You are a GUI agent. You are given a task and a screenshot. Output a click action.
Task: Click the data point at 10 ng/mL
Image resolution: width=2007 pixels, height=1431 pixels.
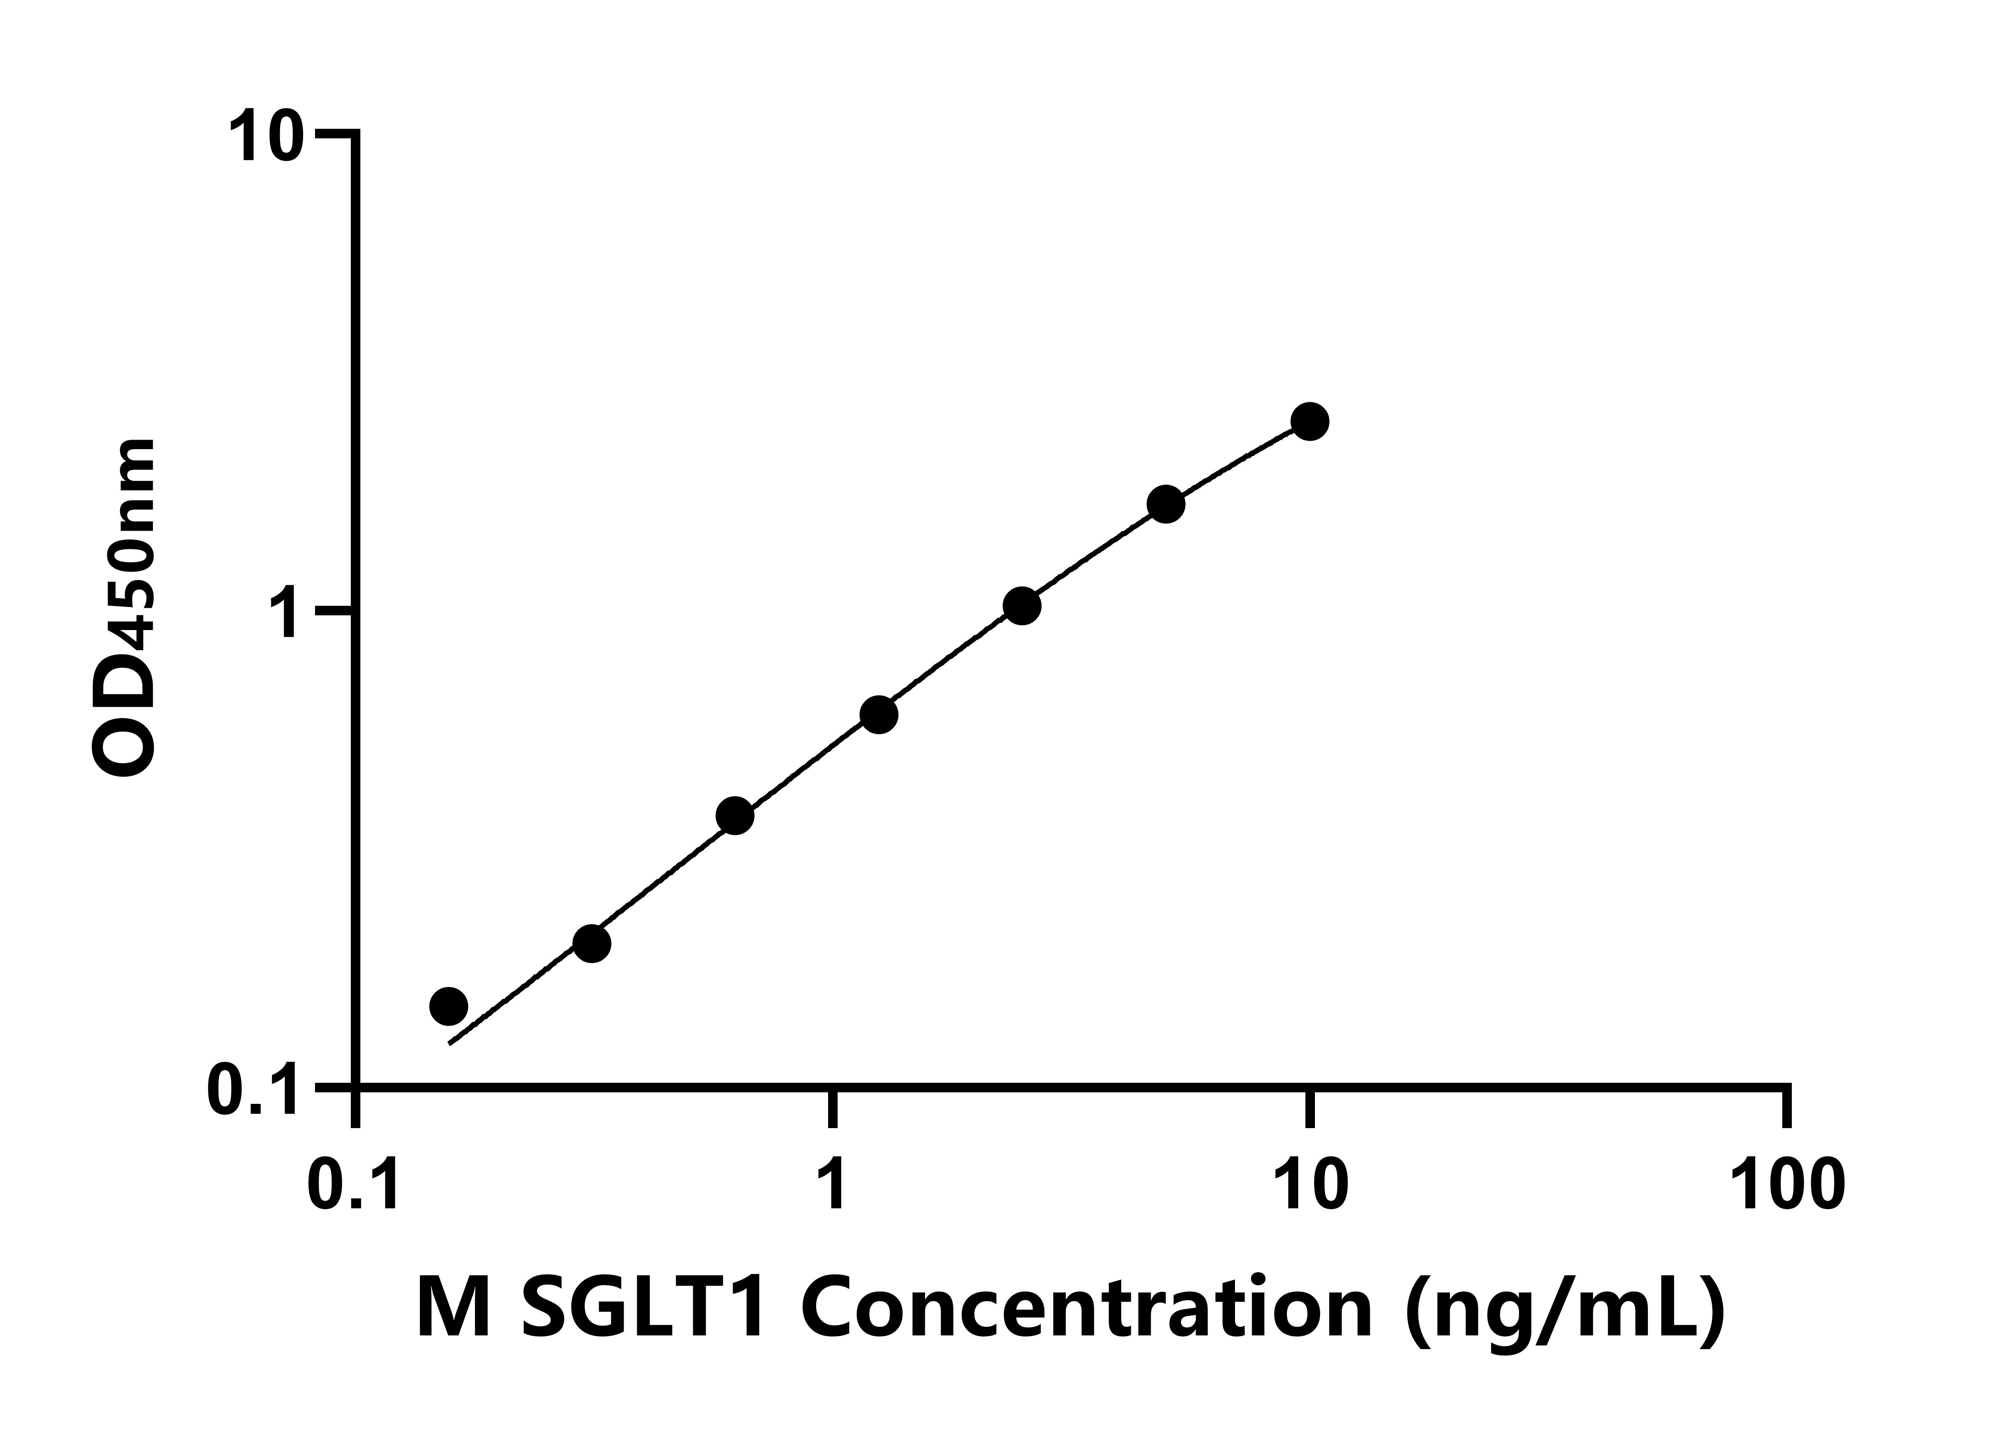(1310, 421)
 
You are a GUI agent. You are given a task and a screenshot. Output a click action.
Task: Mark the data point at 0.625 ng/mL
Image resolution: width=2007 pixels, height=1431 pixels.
(735, 816)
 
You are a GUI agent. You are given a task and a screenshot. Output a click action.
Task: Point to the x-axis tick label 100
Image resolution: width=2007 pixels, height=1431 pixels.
(1787, 1185)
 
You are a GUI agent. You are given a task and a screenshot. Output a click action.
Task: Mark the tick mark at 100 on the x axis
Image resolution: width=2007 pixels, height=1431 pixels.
(1787, 1109)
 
